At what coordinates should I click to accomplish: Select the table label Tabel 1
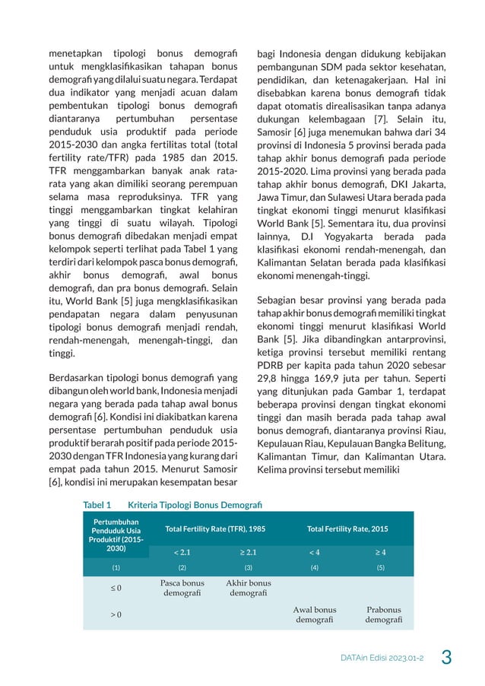[x=97, y=504]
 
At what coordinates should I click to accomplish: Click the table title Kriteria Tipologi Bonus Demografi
[x=195, y=504]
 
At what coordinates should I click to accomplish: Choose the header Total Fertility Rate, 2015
[x=347, y=529]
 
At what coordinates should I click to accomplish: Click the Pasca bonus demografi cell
[x=182, y=588]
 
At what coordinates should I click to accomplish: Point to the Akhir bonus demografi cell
[x=248, y=588]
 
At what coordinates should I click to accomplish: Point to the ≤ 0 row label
[x=116, y=588]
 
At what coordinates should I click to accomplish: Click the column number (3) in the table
[x=248, y=567]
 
